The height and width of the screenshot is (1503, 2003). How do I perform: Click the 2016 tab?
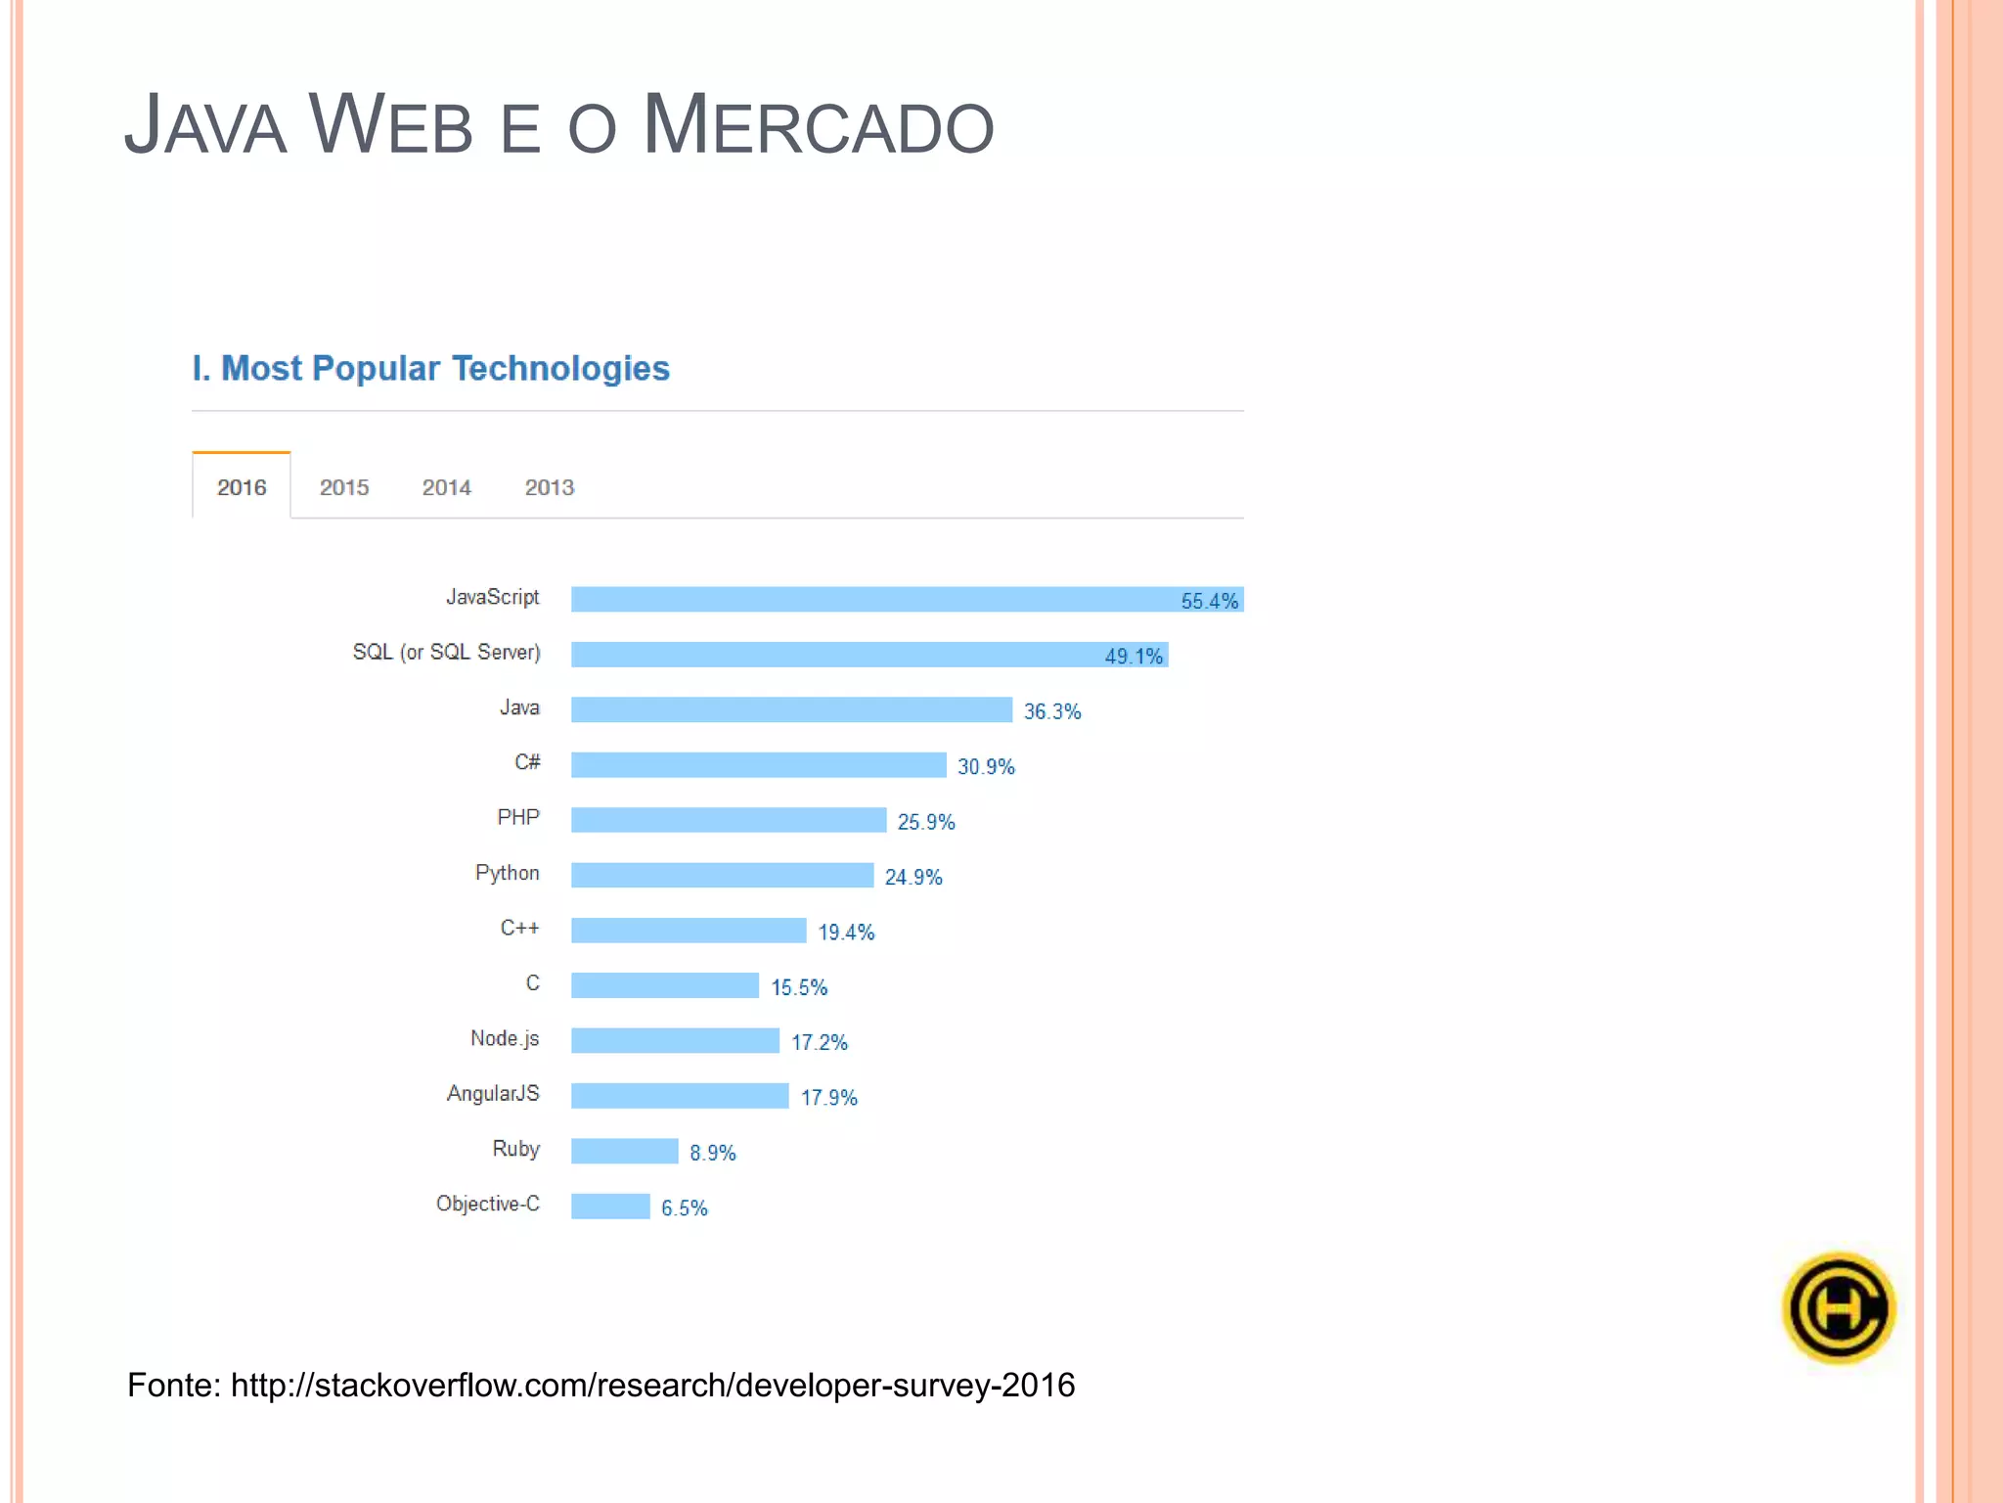[x=242, y=486]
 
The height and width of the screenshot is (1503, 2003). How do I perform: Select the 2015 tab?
[x=344, y=486]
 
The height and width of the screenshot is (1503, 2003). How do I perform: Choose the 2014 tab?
[x=447, y=486]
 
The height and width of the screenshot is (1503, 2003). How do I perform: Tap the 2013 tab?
[x=550, y=486]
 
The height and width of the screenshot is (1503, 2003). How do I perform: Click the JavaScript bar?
[x=870, y=599]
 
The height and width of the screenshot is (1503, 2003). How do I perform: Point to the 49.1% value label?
[x=1134, y=656]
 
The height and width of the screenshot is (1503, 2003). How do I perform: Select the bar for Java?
[x=791, y=709]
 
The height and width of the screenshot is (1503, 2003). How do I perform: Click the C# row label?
[x=527, y=762]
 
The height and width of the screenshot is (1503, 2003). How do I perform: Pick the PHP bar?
[x=729, y=820]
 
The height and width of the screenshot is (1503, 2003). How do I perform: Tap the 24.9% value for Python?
[x=913, y=877]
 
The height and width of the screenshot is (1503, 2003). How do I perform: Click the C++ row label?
[x=519, y=928]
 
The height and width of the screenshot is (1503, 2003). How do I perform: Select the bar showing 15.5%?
[x=665, y=985]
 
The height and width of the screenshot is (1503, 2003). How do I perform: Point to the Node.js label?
[x=505, y=1038]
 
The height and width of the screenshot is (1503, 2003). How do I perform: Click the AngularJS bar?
[x=680, y=1096]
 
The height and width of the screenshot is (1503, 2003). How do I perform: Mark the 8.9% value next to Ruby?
[x=712, y=1153]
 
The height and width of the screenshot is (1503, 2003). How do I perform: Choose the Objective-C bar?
[x=610, y=1207]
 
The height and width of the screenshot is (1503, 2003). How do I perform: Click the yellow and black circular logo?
[x=1839, y=1308]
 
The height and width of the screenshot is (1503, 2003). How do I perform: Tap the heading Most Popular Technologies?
[x=445, y=368]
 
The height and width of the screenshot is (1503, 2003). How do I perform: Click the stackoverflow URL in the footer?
[x=652, y=1385]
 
